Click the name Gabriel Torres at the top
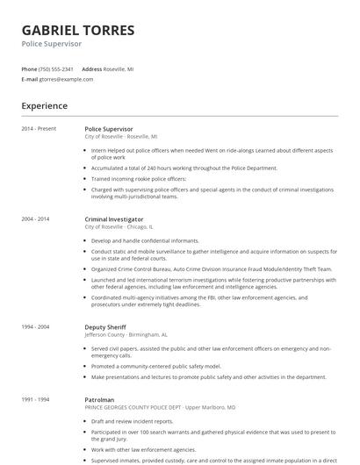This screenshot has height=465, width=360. coord(78,30)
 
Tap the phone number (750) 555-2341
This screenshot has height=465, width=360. coord(57,68)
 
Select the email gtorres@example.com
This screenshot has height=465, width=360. coord(66,79)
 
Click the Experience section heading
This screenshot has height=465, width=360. coord(45,106)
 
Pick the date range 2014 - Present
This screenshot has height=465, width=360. coord(40,129)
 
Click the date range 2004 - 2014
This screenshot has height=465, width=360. coord(36,218)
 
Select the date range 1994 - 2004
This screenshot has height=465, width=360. coord(36,325)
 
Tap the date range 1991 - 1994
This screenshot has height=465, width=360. coord(36,399)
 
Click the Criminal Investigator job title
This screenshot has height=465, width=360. coord(114,218)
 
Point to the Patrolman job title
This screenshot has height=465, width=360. coord(99,399)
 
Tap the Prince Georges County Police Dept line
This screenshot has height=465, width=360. coord(160,407)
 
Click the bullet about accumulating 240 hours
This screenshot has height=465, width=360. coord(184,168)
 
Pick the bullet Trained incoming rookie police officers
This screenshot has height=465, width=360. coord(139,178)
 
